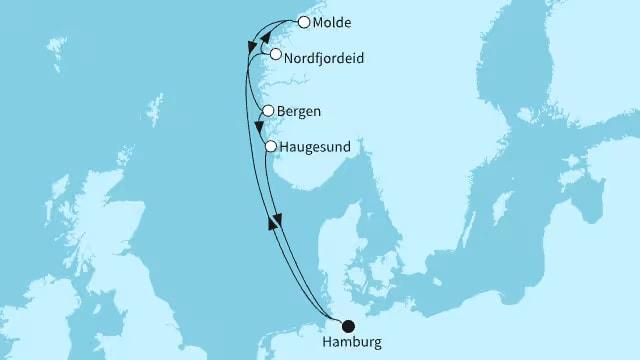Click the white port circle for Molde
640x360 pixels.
tap(304, 21)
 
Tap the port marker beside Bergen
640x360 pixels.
tap(267, 111)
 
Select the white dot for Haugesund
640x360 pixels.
tap(270, 146)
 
